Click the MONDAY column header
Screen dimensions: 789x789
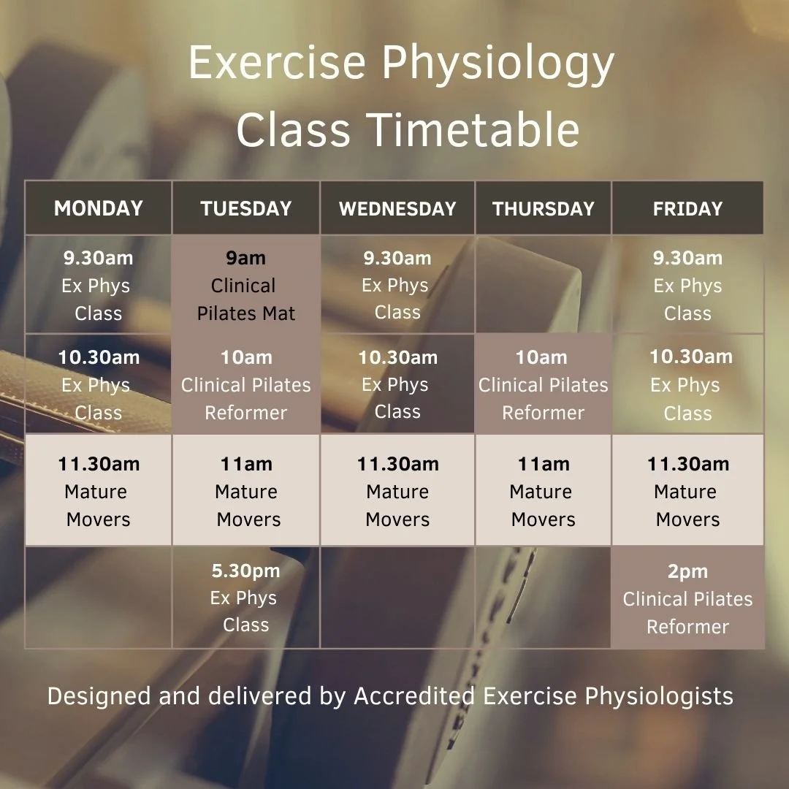(99, 208)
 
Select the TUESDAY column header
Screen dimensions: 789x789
(246, 208)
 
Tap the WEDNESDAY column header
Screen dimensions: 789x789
(397, 208)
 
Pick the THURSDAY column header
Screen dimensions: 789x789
(544, 208)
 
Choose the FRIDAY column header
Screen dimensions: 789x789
(687, 208)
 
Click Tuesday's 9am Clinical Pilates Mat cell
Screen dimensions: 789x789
(246, 286)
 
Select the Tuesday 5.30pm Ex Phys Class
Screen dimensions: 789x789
(245, 598)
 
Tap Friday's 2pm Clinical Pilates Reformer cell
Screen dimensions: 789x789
(687, 599)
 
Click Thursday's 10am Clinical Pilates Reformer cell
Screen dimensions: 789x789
(544, 385)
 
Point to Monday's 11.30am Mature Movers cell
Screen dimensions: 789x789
(99, 491)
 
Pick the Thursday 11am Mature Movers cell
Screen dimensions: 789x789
(544, 491)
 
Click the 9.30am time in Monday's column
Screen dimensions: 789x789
(99, 258)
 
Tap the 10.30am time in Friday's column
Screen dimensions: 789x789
(691, 357)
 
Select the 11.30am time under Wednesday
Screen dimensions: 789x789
(397, 464)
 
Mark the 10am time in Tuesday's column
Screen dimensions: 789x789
(246, 358)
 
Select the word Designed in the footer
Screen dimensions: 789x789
(99, 696)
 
